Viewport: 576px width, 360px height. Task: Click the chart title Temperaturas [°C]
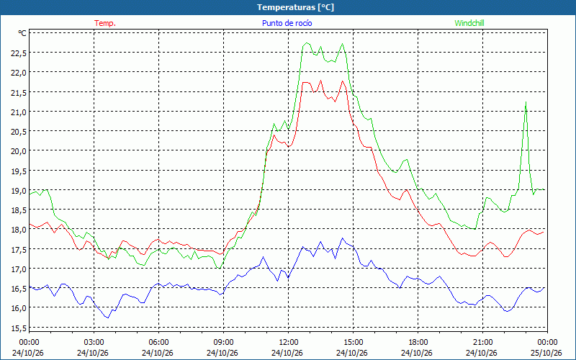[x=295, y=7]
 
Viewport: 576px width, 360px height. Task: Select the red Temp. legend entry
[x=105, y=23]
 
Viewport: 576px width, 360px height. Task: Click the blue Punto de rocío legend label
[x=287, y=23]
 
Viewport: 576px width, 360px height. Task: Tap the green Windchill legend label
[x=469, y=23]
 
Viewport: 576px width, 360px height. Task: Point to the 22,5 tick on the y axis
[x=19, y=53]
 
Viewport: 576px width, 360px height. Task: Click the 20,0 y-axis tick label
[x=19, y=151]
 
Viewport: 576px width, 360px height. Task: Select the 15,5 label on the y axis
[x=19, y=328]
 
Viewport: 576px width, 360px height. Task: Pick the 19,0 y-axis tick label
[x=19, y=190]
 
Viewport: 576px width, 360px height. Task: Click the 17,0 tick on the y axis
[x=19, y=269]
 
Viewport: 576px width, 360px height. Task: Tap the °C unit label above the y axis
[x=22, y=33]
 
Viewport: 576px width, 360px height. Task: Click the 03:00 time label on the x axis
[x=94, y=343]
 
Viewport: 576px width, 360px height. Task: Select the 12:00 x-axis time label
[x=289, y=343]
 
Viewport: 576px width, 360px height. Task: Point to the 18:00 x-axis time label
[x=418, y=343]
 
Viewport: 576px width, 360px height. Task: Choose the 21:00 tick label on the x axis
[x=482, y=343]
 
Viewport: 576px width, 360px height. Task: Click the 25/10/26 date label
[x=546, y=353]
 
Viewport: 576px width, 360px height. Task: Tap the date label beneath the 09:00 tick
[x=222, y=353]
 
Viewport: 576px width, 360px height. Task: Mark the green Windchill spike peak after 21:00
[x=526, y=102]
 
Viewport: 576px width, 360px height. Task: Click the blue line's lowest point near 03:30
[x=107, y=318]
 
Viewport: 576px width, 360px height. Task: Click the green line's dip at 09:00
[x=220, y=269]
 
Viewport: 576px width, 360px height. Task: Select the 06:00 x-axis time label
[x=158, y=343]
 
